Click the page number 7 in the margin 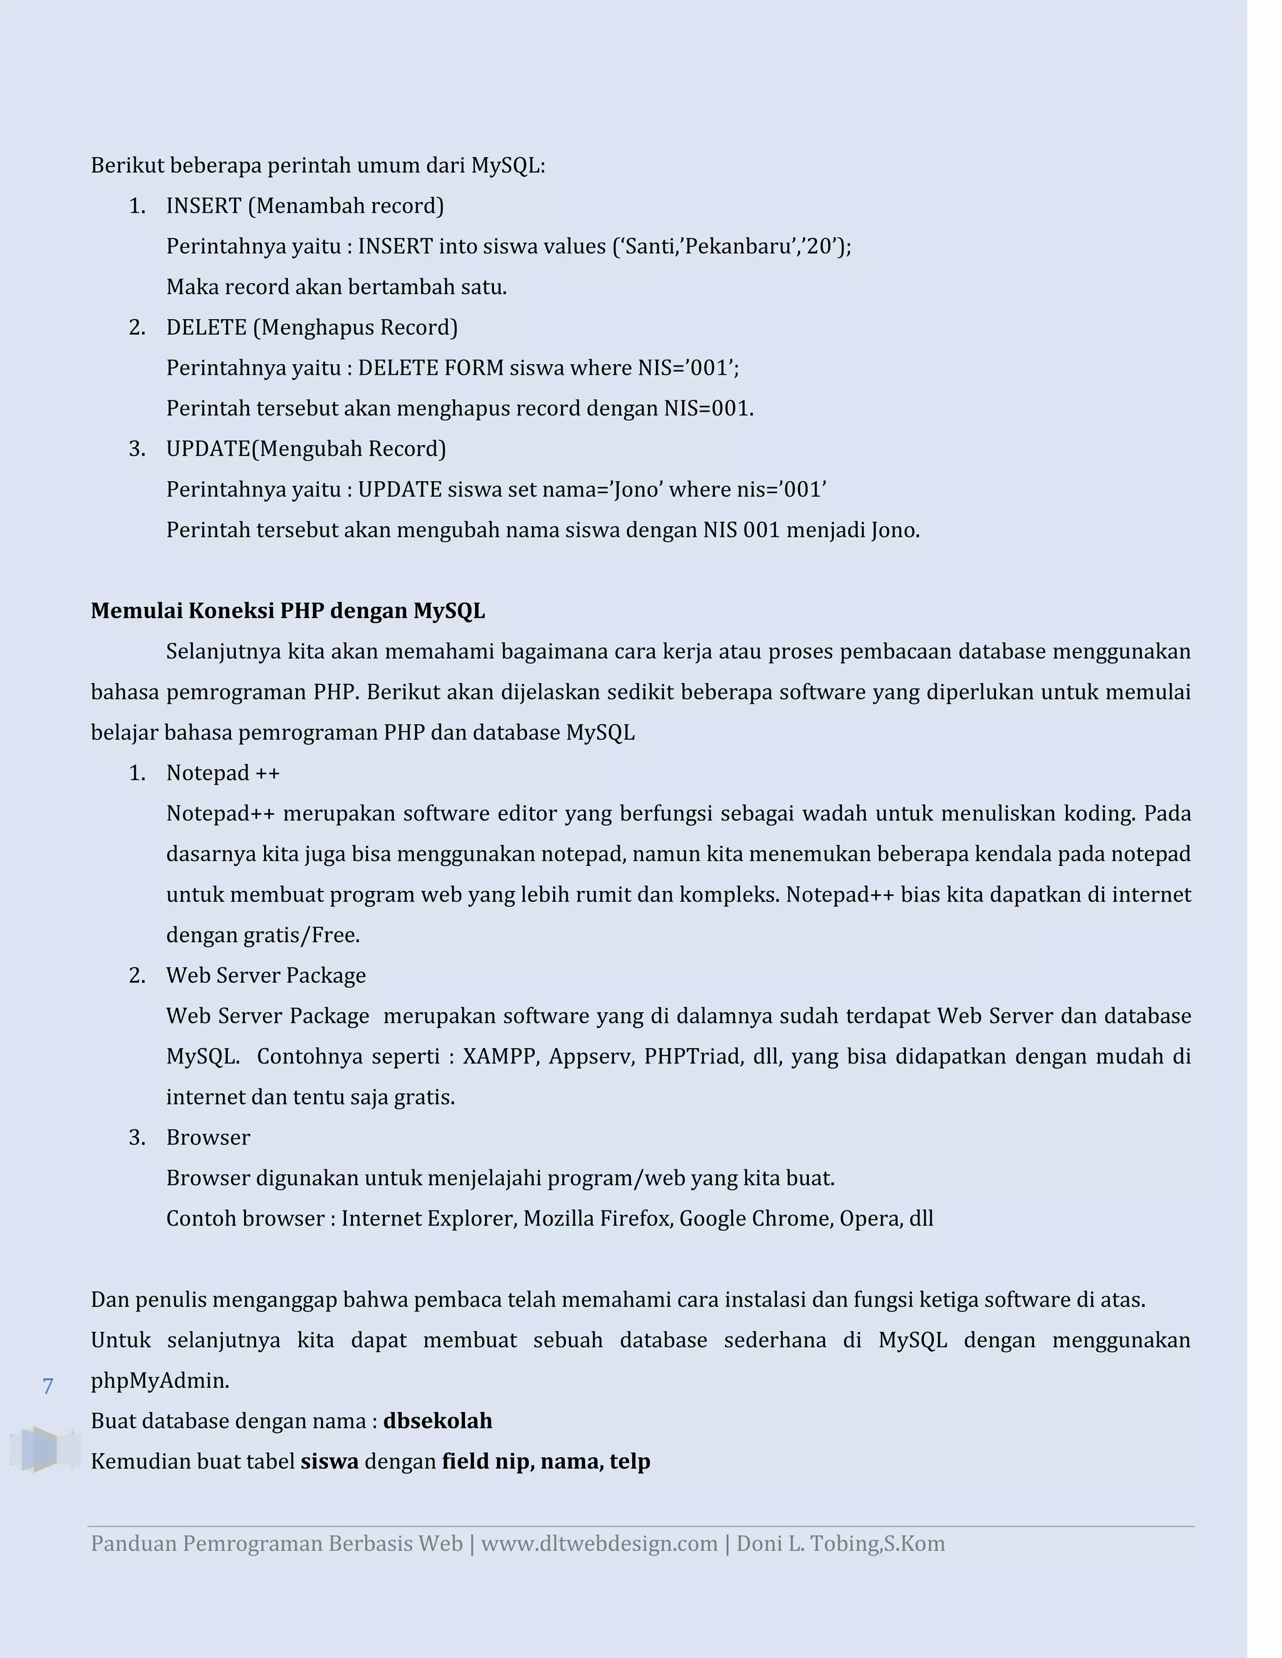(48, 1386)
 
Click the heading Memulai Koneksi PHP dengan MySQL (287, 611)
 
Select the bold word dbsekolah (438, 1421)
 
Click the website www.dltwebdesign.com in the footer (599, 1544)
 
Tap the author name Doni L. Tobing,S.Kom (840, 1544)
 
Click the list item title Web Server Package (266, 975)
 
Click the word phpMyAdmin (160, 1381)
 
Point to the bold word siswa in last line (330, 1462)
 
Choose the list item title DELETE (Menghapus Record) (311, 327)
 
